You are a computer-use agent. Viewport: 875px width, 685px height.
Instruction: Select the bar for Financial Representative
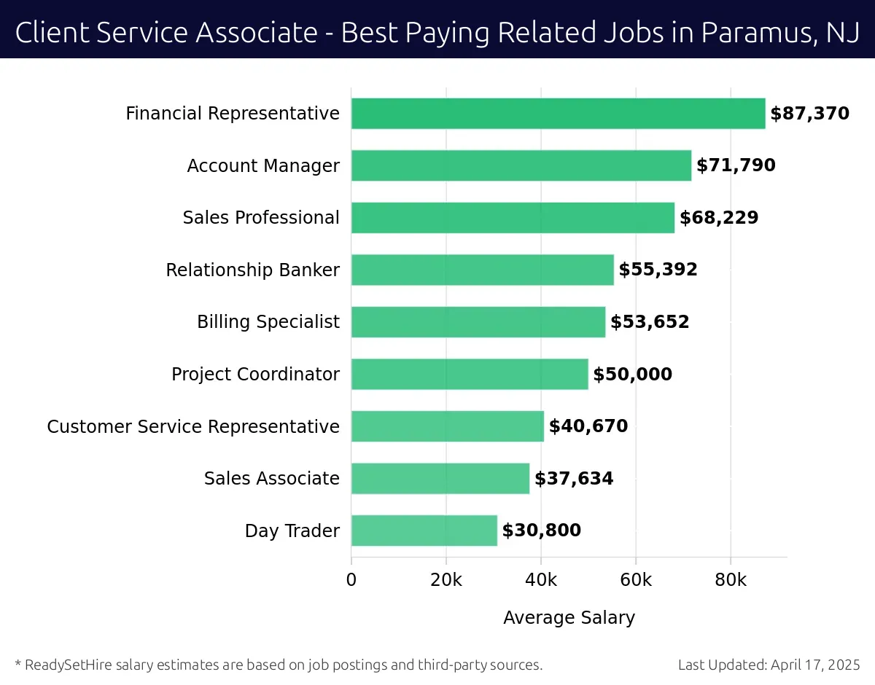558,114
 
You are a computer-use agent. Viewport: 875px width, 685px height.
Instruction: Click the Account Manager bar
521,165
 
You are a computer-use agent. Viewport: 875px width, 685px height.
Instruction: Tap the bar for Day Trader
424,531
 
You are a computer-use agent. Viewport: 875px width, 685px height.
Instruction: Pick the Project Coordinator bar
469,374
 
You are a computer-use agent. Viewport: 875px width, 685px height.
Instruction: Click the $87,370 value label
809,114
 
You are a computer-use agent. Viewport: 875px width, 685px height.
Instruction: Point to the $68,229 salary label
718,218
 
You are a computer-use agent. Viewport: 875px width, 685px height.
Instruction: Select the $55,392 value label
658,270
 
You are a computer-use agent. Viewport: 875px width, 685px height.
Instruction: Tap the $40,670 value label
588,426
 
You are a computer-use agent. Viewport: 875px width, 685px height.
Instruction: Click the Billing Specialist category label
268,322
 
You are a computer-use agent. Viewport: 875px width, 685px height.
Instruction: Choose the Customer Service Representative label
193,426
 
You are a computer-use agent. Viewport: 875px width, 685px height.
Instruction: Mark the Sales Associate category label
271,479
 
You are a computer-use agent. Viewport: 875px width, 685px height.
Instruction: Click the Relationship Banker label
252,270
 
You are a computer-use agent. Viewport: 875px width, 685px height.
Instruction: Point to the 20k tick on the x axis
446,580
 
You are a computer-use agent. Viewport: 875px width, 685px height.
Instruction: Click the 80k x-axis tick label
730,580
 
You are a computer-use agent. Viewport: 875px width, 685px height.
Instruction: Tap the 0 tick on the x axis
351,580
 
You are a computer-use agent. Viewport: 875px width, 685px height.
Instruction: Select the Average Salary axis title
569,618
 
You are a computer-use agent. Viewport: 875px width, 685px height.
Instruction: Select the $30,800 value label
541,531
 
